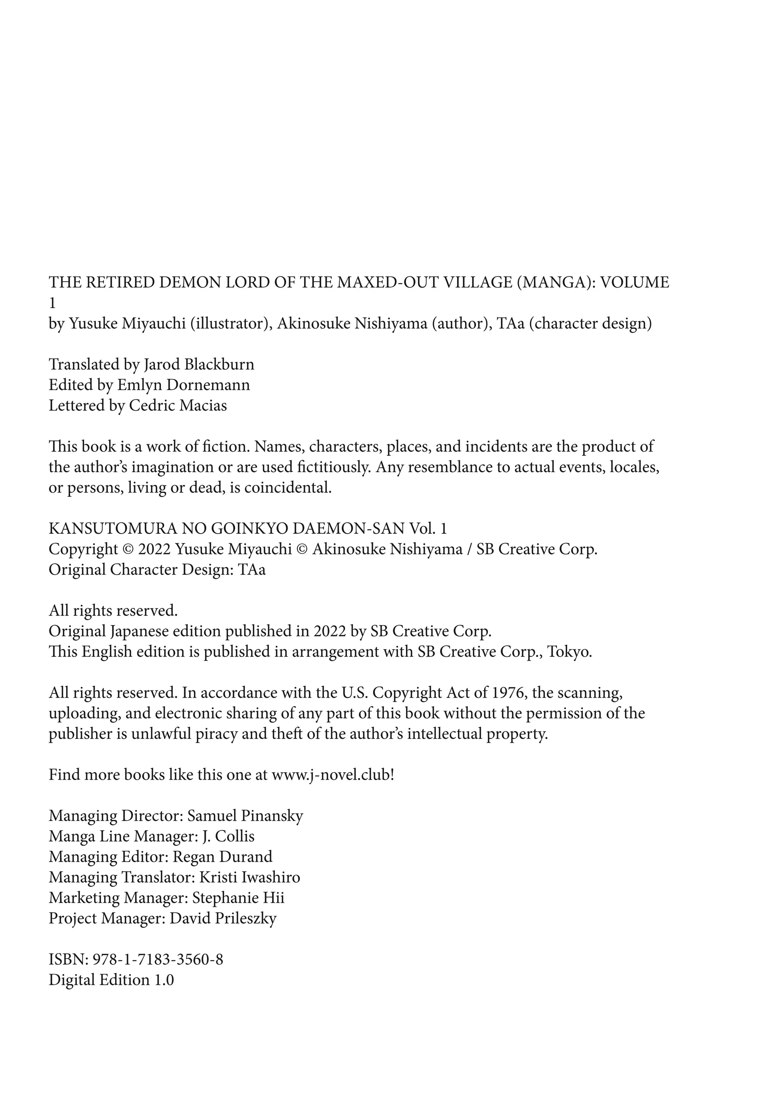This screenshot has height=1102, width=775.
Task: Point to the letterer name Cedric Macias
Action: (178, 406)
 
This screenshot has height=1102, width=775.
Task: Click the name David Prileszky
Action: (223, 918)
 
